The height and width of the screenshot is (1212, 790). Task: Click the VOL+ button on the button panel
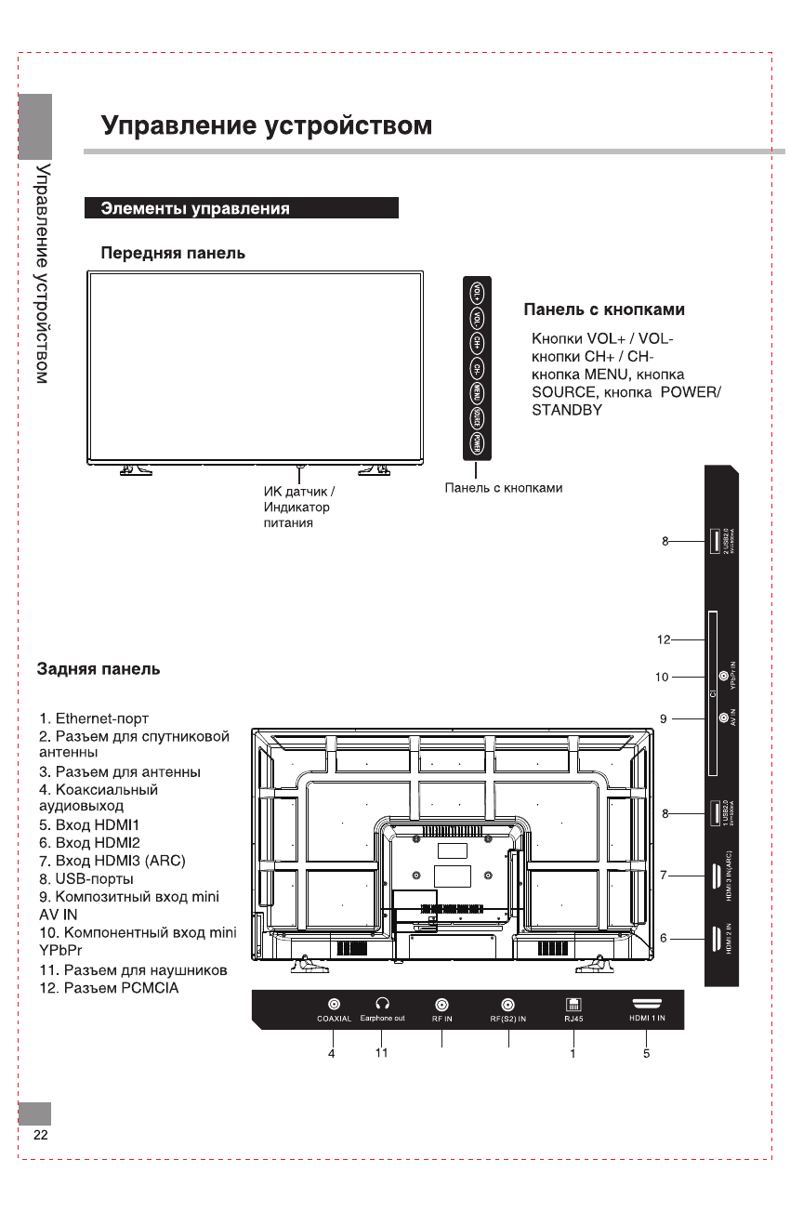[477, 293]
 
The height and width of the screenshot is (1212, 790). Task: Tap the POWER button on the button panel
[477, 442]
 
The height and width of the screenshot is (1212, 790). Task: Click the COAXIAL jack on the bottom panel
[334, 1004]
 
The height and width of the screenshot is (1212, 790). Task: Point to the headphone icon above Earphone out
[382, 1004]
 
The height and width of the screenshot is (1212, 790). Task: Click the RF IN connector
[442, 1005]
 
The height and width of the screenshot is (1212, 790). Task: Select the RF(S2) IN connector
[508, 1005]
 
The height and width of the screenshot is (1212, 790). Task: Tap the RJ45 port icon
[573, 1004]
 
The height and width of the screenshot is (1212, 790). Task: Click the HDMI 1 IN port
[647, 1004]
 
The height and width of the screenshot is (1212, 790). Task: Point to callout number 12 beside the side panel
[663, 639]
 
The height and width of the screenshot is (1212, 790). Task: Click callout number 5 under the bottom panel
[646, 1053]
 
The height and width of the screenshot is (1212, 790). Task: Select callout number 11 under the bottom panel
[381, 1053]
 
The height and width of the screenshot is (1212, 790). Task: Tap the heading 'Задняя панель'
[98, 669]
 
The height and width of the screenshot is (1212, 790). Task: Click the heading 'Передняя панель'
[173, 253]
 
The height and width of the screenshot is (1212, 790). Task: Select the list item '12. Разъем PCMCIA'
[109, 988]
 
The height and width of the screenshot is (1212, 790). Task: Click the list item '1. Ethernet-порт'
[94, 718]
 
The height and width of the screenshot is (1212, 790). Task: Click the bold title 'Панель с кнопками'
[604, 310]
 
